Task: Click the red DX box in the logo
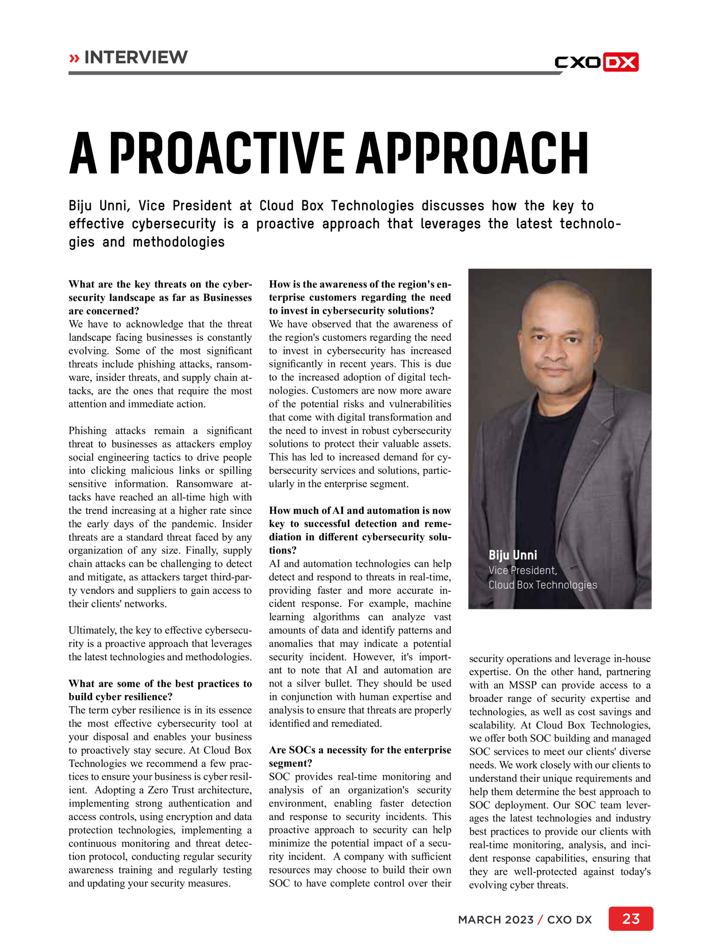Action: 621,62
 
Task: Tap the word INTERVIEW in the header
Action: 136,57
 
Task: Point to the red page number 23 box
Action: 630,919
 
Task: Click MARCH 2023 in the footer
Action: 495,920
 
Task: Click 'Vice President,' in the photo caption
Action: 522,570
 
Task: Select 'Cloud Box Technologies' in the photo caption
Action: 543,585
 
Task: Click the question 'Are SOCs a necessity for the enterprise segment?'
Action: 359,756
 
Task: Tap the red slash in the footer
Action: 540,920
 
